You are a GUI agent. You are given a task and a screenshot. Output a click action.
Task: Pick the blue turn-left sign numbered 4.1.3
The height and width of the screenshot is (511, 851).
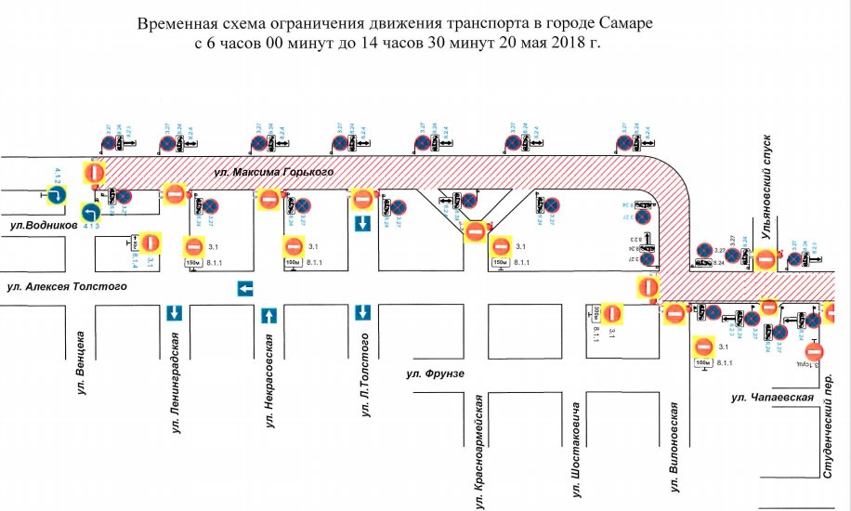click(89, 213)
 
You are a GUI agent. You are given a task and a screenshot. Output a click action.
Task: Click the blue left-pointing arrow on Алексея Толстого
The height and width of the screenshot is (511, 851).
click(245, 289)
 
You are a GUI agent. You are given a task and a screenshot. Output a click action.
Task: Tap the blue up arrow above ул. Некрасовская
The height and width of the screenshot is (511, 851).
click(268, 315)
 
